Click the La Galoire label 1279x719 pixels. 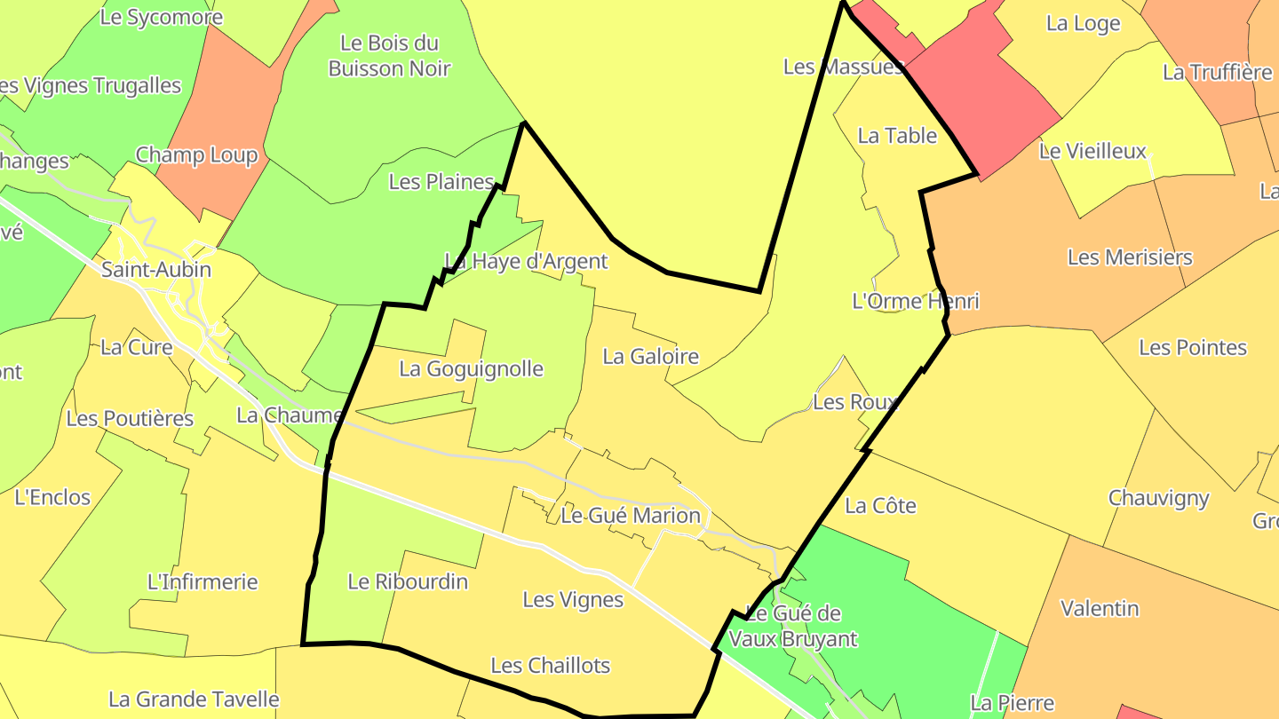(x=650, y=357)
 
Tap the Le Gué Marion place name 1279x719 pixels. (x=631, y=516)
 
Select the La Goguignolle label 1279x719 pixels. (x=471, y=369)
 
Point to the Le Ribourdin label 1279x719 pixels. (x=408, y=582)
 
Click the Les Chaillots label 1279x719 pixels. (x=551, y=666)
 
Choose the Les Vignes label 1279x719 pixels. (x=573, y=600)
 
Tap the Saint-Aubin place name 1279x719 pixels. (x=156, y=270)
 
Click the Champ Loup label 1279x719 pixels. (x=196, y=156)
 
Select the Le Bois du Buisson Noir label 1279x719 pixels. (x=390, y=56)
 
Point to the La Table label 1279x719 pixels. (x=897, y=136)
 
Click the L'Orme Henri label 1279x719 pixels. (x=915, y=302)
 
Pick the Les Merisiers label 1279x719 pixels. (x=1130, y=258)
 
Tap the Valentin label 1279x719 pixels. (x=1100, y=609)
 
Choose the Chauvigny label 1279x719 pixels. (x=1158, y=498)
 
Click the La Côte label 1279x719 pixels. (x=880, y=506)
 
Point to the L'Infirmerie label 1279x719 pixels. (x=203, y=582)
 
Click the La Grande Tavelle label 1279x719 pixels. (x=194, y=700)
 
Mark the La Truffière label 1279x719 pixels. (x=1217, y=73)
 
